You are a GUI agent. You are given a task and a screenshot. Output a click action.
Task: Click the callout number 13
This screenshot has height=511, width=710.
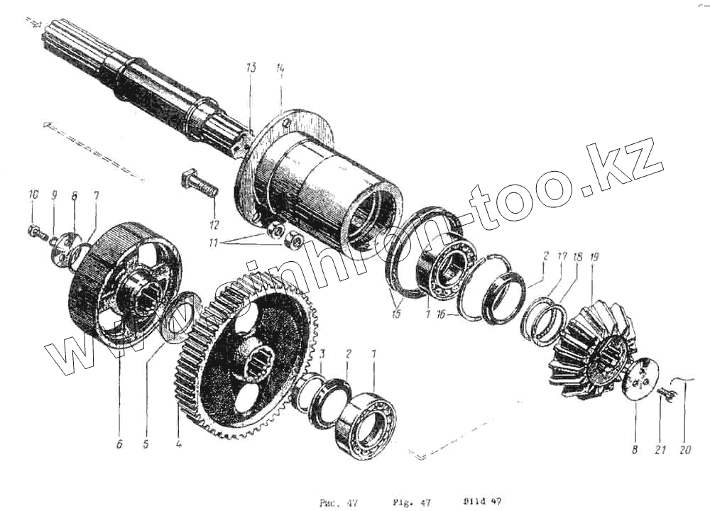[x=250, y=68]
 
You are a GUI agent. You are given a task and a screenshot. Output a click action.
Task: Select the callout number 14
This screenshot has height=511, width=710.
[x=280, y=68]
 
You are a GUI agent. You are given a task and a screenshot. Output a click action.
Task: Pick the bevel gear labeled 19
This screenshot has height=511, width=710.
[x=589, y=348]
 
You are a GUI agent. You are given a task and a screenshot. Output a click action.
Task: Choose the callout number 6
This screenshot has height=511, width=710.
[x=119, y=445]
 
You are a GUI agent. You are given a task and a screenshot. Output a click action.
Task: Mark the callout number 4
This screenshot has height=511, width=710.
[x=178, y=445]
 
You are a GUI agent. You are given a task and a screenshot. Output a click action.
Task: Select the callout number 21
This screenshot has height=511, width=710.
[x=659, y=449]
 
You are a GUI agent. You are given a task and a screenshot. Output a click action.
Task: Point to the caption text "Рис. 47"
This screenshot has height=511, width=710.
[x=337, y=502]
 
